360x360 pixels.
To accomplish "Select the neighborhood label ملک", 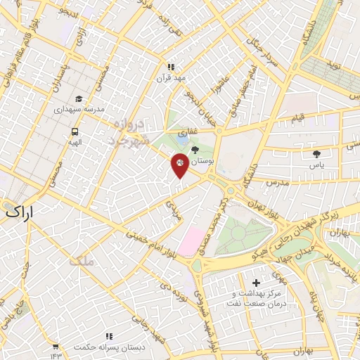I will (x=82, y=262).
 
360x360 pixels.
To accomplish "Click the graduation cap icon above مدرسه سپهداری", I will (x=79, y=99).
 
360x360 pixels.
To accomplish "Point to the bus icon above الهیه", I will (x=75, y=131).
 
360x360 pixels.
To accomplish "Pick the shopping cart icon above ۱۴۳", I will (x=56, y=346).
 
